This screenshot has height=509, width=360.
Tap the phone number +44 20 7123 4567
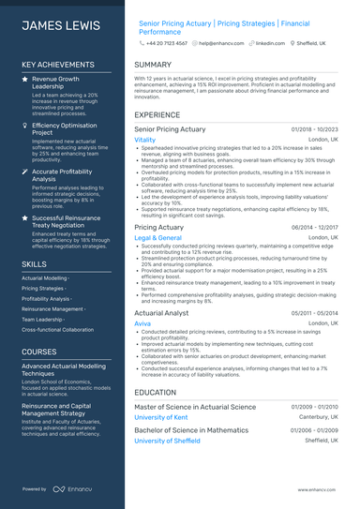click(x=166, y=43)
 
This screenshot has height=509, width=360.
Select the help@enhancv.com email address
click(x=222, y=43)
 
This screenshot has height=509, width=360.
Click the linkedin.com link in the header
click(x=270, y=43)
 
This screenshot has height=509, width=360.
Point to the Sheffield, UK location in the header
click(x=309, y=43)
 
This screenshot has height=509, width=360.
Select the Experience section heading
click(x=157, y=114)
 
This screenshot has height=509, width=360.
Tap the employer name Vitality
click(x=145, y=139)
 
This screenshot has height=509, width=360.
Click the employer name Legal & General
click(x=157, y=238)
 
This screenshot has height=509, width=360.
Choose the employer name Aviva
click(x=142, y=322)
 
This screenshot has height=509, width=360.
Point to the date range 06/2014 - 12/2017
click(x=315, y=228)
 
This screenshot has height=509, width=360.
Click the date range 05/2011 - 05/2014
click(x=315, y=312)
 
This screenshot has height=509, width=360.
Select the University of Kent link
click(x=161, y=417)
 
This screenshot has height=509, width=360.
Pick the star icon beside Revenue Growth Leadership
click(x=25, y=80)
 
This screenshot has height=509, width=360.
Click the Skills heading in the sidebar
click(x=35, y=264)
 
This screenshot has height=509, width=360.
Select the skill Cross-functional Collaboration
click(x=57, y=329)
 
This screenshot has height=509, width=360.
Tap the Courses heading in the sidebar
click(x=39, y=352)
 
